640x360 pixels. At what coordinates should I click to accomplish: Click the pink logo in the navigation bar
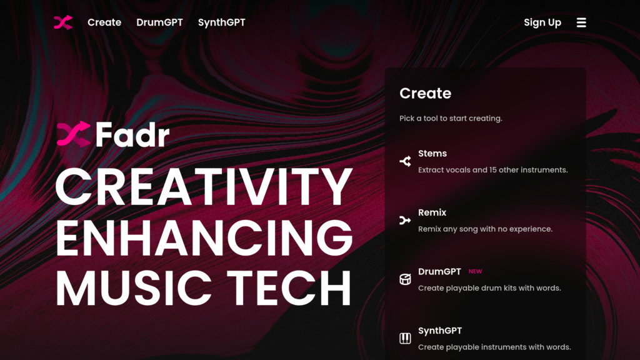pos(63,22)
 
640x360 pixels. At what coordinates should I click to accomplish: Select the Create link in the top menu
pos(104,22)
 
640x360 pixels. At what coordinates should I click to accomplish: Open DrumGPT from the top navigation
pos(159,22)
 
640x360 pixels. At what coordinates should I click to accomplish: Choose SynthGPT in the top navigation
pos(222,22)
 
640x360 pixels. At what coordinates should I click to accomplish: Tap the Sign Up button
pos(542,22)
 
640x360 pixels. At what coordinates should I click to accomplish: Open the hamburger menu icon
pos(581,22)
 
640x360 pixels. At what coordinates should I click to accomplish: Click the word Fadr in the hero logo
pos(132,134)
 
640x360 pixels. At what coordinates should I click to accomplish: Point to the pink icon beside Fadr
pos(74,134)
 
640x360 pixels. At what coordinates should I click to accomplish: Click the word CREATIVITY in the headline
pos(204,186)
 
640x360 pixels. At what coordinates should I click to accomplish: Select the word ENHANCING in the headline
pos(204,237)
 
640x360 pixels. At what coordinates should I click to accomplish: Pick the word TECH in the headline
pos(289,287)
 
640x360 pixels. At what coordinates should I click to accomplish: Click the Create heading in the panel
pos(425,93)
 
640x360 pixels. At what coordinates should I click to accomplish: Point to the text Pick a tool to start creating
pos(451,118)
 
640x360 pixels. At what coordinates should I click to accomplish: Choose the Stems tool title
pos(432,154)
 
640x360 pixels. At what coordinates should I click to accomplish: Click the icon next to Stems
pos(405,161)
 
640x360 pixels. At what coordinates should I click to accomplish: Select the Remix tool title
pos(432,212)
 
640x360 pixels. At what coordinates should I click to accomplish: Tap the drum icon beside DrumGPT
pos(405,279)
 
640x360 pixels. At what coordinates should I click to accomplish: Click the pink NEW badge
pos(475,271)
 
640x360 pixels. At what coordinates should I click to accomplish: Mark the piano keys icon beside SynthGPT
pos(405,338)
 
